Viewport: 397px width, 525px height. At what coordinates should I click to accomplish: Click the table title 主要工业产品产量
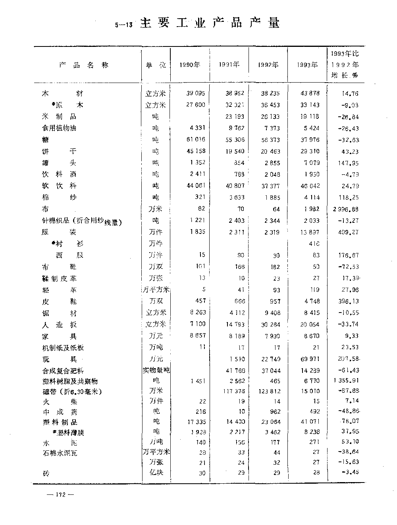pos(210,23)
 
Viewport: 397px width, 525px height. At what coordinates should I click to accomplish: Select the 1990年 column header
pos(190,65)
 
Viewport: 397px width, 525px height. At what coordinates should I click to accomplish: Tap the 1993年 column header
pos(308,65)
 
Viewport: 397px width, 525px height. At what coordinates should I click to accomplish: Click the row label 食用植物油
pos(59,128)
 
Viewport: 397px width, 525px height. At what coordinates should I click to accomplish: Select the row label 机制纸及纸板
pos(63,348)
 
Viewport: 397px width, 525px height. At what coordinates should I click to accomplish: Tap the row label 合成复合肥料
pos(63,371)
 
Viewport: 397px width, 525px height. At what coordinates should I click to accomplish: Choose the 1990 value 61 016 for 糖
pos(195,140)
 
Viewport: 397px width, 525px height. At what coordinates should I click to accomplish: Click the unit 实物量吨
pos(156,371)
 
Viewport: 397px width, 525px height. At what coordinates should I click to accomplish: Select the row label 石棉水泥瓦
pos(60,453)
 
